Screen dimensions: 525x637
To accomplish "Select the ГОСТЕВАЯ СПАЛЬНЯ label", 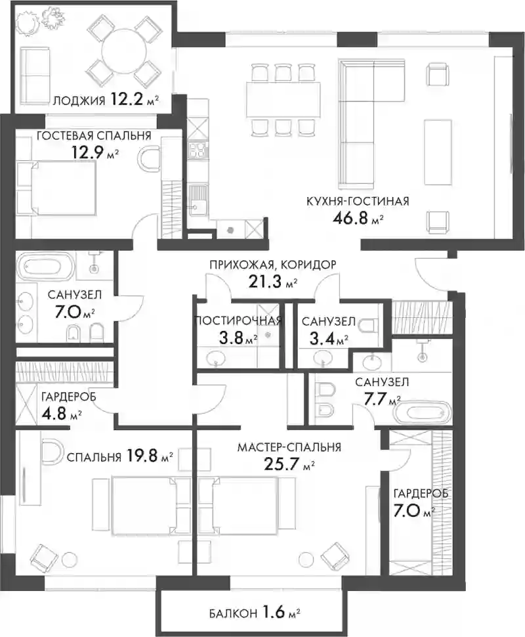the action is (x=94, y=136).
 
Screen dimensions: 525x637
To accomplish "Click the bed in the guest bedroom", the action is (x=58, y=188).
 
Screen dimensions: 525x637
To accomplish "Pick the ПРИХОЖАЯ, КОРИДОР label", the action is (x=273, y=265).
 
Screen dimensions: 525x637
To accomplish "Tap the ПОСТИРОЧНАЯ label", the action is (x=238, y=321).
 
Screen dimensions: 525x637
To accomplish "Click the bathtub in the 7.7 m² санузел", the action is (x=422, y=413).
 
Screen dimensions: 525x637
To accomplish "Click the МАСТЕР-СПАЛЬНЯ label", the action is (x=289, y=448).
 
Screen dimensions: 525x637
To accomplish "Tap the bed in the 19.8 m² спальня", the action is (x=143, y=506).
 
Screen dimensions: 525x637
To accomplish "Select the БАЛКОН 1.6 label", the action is (x=255, y=612).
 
